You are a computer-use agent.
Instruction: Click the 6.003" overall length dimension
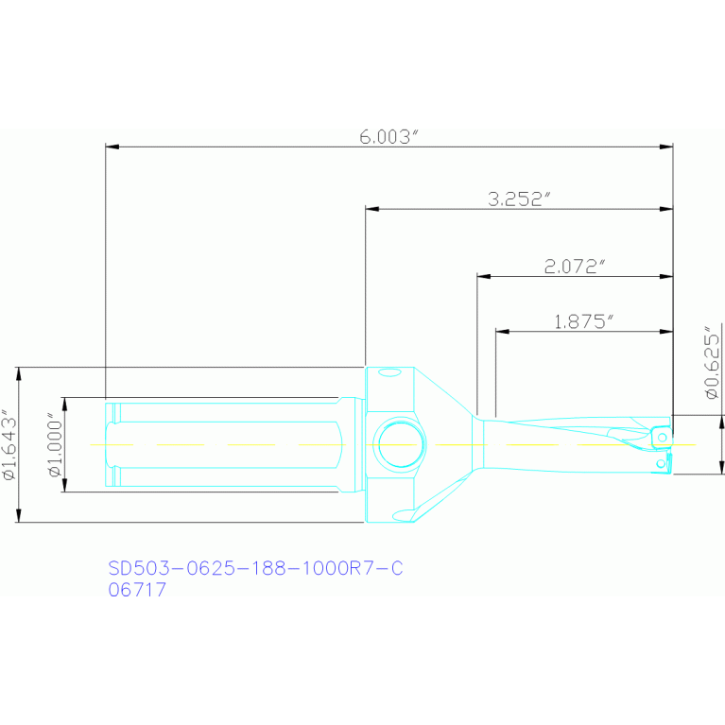tap(389, 137)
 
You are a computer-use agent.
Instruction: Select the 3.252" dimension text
tap(520, 199)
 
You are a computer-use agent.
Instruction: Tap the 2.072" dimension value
tap(575, 267)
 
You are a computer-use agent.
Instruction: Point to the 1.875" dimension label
tap(584, 321)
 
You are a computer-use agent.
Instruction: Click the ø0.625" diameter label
tap(713, 362)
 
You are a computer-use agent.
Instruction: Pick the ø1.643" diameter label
tap(9, 445)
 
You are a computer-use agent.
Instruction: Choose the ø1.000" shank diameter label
tap(55, 445)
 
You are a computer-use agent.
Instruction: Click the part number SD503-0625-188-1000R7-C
tap(256, 568)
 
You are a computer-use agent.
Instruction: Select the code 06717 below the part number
tap(137, 590)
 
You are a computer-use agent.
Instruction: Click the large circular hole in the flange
tap(401, 444)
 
